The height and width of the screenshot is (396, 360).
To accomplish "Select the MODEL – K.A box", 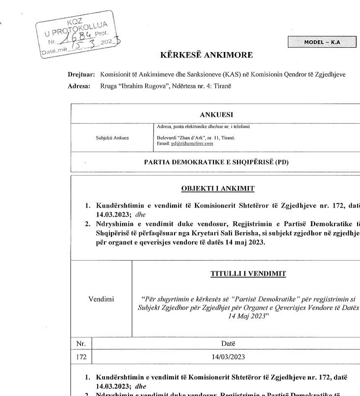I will tap(322, 42).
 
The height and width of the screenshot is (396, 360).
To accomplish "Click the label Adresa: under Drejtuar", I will tap(79, 86).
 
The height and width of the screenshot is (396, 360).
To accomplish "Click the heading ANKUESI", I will tap(216, 114).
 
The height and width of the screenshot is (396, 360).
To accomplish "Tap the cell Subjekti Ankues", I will tap(112, 137).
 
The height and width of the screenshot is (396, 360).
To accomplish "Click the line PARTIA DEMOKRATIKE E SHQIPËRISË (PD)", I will tap(216, 162).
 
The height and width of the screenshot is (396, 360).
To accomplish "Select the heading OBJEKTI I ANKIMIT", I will tap(218, 188).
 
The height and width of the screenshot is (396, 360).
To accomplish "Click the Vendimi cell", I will tap(101, 299).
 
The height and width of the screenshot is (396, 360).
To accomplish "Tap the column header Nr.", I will tap(81, 343).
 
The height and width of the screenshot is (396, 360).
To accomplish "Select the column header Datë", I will tap(228, 343).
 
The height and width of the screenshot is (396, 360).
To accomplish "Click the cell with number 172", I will tap(81, 357).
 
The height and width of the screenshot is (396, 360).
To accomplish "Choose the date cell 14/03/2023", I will tap(228, 357).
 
